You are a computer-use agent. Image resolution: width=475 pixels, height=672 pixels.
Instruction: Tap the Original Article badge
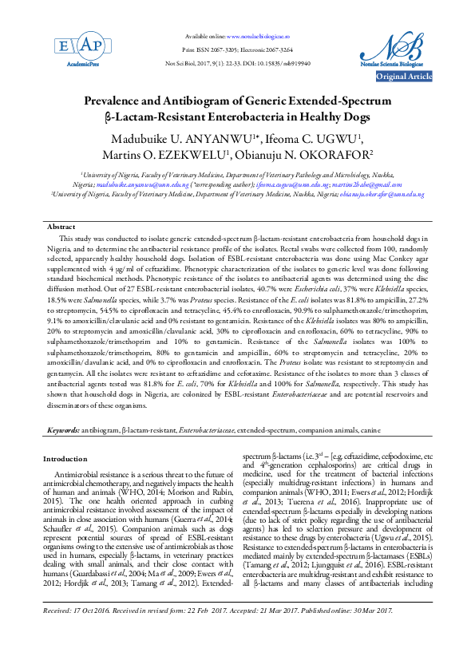(x=404, y=77)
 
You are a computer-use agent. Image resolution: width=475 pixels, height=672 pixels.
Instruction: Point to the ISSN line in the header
(x=237, y=49)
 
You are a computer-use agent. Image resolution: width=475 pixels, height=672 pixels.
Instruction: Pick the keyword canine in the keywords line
(x=370, y=430)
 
